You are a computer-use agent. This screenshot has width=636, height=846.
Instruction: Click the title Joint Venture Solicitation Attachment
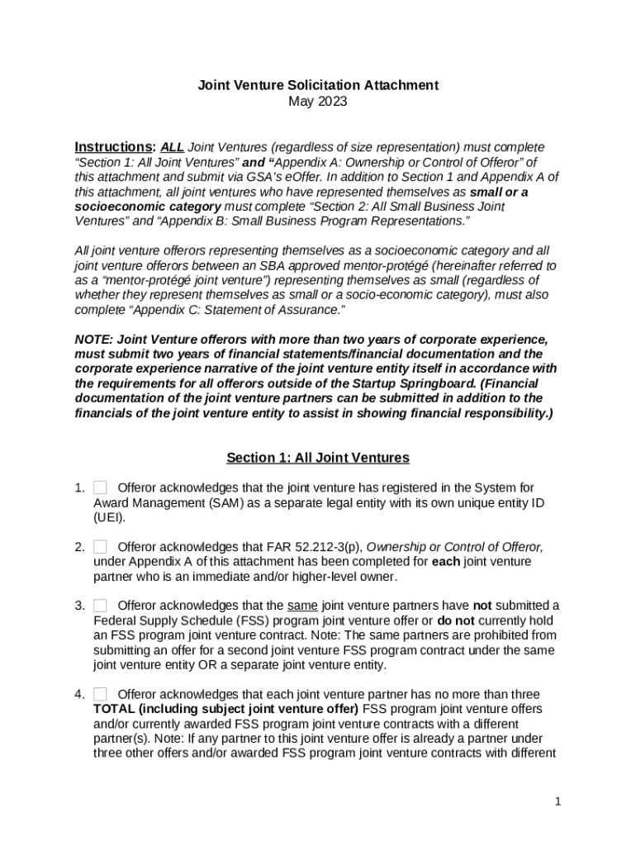point(317,85)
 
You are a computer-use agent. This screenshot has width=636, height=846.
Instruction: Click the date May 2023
point(317,102)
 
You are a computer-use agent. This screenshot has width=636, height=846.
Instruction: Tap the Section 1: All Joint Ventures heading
point(318,458)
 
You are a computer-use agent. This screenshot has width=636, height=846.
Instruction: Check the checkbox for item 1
point(100,487)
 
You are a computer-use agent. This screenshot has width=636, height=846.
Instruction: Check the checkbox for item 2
point(100,547)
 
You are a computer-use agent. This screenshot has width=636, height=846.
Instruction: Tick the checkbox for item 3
point(100,606)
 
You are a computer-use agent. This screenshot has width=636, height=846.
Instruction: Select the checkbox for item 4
point(100,694)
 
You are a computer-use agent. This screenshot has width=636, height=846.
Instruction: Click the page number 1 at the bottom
point(558,801)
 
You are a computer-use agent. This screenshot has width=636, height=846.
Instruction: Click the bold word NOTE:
point(94,340)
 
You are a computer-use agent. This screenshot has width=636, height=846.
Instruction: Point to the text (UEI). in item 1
point(109,517)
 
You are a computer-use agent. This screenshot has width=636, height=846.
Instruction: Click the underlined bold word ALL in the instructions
point(172,147)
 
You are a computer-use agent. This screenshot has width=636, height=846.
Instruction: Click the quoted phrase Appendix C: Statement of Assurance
point(234,310)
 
